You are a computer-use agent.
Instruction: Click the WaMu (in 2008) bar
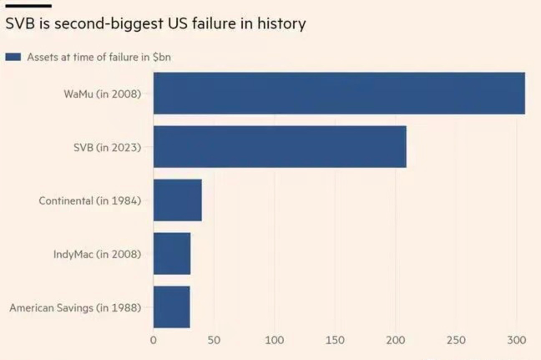pyautogui.click(x=339, y=93)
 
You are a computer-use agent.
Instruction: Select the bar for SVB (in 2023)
pyautogui.click(x=280, y=147)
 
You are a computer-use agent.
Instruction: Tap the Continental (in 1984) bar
pyautogui.click(x=178, y=200)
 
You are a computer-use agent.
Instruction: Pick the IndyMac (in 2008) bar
pyautogui.click(x=172, y=254)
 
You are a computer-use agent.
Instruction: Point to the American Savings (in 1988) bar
pyautogui.click(x=172, y=307)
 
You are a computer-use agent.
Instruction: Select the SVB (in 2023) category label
pyautogui.click(x=107, y=147)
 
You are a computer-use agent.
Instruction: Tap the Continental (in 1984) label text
pyautogui.click(x=90, y=200)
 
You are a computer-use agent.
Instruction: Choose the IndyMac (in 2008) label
pyautogui.click(x=97, y=254)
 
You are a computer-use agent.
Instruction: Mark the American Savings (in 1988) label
pyautogui.click(x=75, y=307)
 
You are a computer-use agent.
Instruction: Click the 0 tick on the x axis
pyautogui.click(x=154, y=340)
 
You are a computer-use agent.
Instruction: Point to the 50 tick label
pyautogui.click(x=214, y=340)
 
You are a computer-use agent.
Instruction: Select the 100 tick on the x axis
pyautogui.click(x=275, y=340)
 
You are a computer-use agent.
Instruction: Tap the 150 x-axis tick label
pyautogui.click(x=335, y=340)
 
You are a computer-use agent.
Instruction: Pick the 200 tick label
pyautogui.click(x=396, y=340)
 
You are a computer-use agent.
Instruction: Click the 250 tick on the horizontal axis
pyautogui.click(x=456, y=340)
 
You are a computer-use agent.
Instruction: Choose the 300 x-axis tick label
pyautogui.click(x=516, y=340)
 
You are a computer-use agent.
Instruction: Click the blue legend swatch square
pyautogui.click(x=13, y=57)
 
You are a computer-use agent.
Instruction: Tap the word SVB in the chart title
pyautogui.click(x=21, y=24)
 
